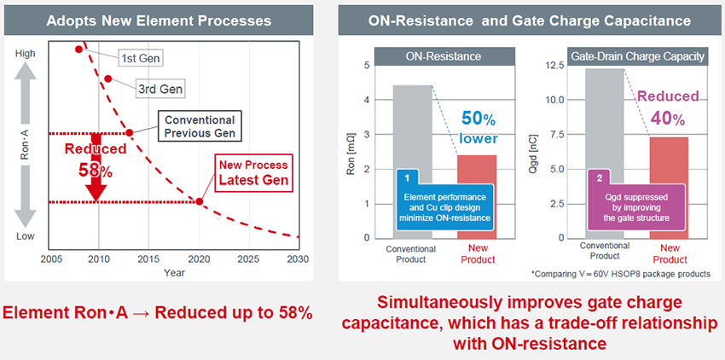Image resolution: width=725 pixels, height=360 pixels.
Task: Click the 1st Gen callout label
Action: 142,59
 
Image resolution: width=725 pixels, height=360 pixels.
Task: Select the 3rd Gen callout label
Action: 159,88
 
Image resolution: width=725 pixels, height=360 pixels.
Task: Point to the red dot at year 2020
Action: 200,202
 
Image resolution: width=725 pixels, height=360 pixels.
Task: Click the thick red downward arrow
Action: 96,167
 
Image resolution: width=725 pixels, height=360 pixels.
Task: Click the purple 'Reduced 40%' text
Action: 668,107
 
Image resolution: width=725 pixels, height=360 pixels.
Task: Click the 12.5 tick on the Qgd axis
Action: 556,65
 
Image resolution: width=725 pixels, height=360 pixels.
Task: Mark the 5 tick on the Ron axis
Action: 367,65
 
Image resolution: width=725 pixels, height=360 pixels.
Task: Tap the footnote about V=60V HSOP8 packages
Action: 620,273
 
